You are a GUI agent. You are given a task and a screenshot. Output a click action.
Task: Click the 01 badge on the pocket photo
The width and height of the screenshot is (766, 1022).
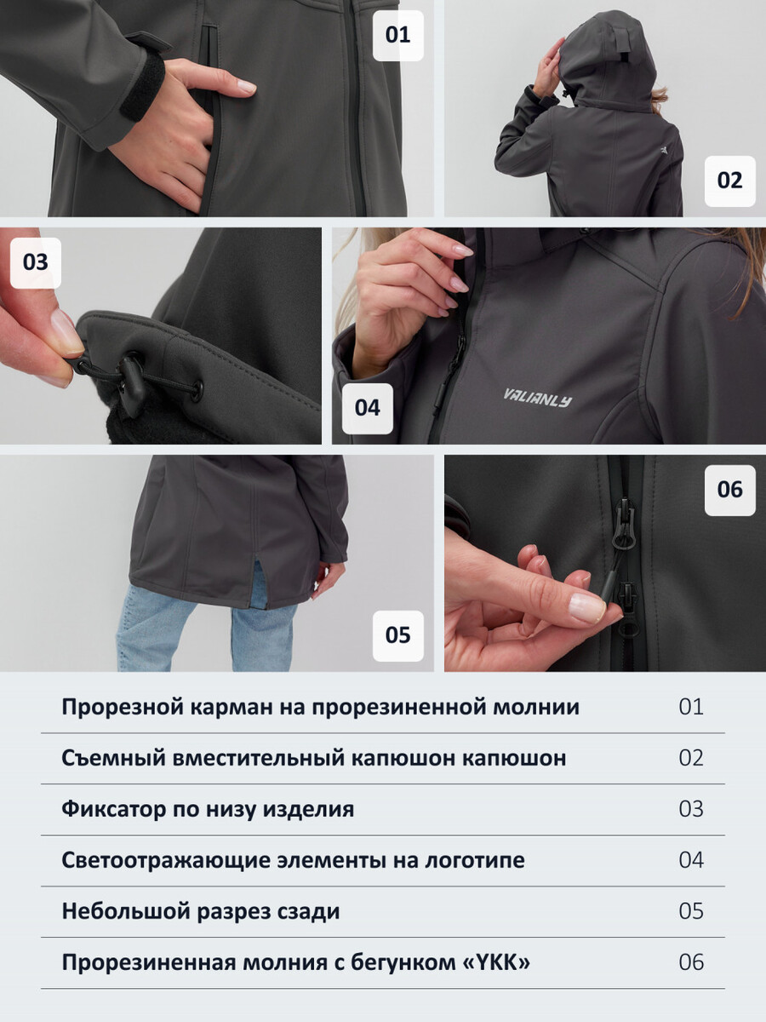click(x=398, y=36)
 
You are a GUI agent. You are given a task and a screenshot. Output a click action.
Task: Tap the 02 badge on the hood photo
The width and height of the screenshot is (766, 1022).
click(x=729, y=181)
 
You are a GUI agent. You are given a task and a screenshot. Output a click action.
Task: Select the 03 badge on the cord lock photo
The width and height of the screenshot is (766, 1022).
click(x=36, y=262)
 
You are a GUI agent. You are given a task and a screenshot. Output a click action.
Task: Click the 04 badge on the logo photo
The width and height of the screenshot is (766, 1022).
click(x=368, y=408)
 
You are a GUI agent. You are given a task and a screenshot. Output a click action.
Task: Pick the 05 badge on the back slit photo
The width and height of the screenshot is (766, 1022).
click(x=398, y=635)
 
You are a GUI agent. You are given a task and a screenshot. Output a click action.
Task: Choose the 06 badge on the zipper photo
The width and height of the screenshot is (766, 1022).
click(x=729, y=490)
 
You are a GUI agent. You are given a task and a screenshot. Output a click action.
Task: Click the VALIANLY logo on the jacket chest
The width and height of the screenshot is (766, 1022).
click(x=538, y=398)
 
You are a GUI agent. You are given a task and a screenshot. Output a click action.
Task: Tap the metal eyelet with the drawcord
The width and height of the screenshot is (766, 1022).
click(x=197, y=390)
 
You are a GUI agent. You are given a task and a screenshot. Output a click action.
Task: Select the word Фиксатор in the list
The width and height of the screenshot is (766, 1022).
click(x=113, y=810)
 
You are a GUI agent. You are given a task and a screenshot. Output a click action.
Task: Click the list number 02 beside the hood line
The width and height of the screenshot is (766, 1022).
click(x=691, y=759)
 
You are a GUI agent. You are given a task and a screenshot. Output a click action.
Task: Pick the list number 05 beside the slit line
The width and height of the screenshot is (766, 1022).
click(x=691, y=911)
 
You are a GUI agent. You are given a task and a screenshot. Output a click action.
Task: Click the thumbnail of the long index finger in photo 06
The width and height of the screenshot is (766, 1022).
click(x=587, y=607)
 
